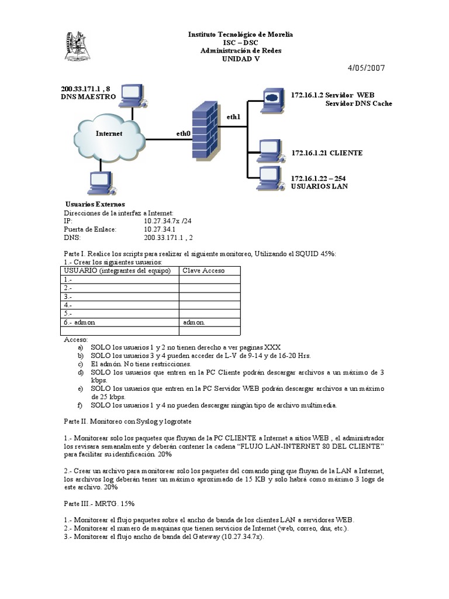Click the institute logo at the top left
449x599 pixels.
coord(77,46)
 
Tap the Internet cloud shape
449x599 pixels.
coord(109,134)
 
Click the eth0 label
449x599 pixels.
coord(184,134)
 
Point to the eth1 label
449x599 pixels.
coord(234,117)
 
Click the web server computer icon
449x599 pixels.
coord(271,98)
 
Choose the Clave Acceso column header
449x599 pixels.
coord(203,271)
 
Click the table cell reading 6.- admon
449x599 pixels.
coord(80,322)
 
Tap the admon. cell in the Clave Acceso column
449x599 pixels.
coord(194,322)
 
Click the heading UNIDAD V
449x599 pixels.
coord(240,58)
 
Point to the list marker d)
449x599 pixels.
coord(80,372)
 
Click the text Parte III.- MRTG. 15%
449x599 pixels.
coord(96,503)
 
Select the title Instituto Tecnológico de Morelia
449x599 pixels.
coord(240,35)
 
